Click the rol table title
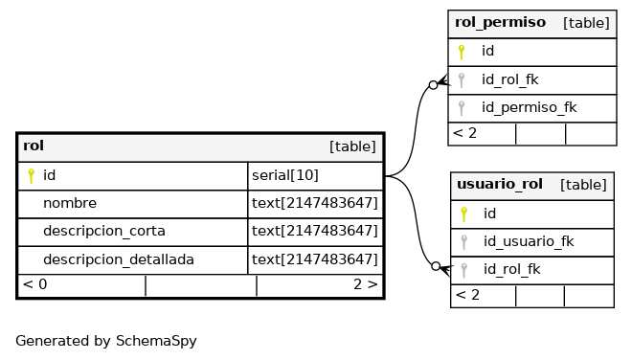point(34,146)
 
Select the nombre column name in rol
point(70,203)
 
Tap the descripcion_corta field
point(104,232)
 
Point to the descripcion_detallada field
point(119,259)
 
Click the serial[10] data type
point(285,175)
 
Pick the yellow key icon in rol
point(31,176)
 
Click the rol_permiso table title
point(500,23)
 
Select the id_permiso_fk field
point(529,107)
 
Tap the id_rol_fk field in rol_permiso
point(509,79)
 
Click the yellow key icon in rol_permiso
point(462,52)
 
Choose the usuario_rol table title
point(500,184)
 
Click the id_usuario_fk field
point(529,241)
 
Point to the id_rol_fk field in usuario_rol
point(512,269)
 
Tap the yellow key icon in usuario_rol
point(463,214)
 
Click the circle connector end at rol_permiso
point(433,85)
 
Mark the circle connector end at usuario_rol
point(436,266)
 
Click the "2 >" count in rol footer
point(366,284)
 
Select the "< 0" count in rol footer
point(35,284)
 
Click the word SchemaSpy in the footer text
point(156,341)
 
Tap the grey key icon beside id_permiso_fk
point(462,107)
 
